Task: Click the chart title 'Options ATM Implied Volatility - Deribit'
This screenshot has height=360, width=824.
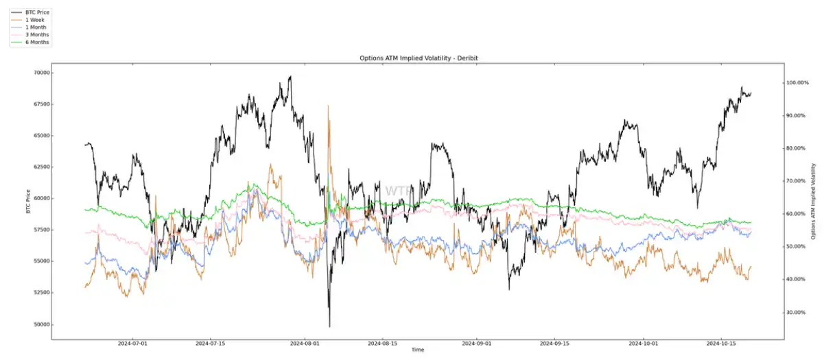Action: (x=419, y=58)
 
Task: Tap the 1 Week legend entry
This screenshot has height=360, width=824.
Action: (x=36, y=20)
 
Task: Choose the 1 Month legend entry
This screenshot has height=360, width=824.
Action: (x=36, y=27)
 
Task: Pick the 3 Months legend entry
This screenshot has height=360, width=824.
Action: (x=38, y=35)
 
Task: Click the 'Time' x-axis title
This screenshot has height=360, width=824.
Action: (x=418, y=350)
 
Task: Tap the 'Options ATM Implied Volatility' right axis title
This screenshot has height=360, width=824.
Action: (x=814, y=201)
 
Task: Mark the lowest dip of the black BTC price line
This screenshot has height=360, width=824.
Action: (x=330, y=326)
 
